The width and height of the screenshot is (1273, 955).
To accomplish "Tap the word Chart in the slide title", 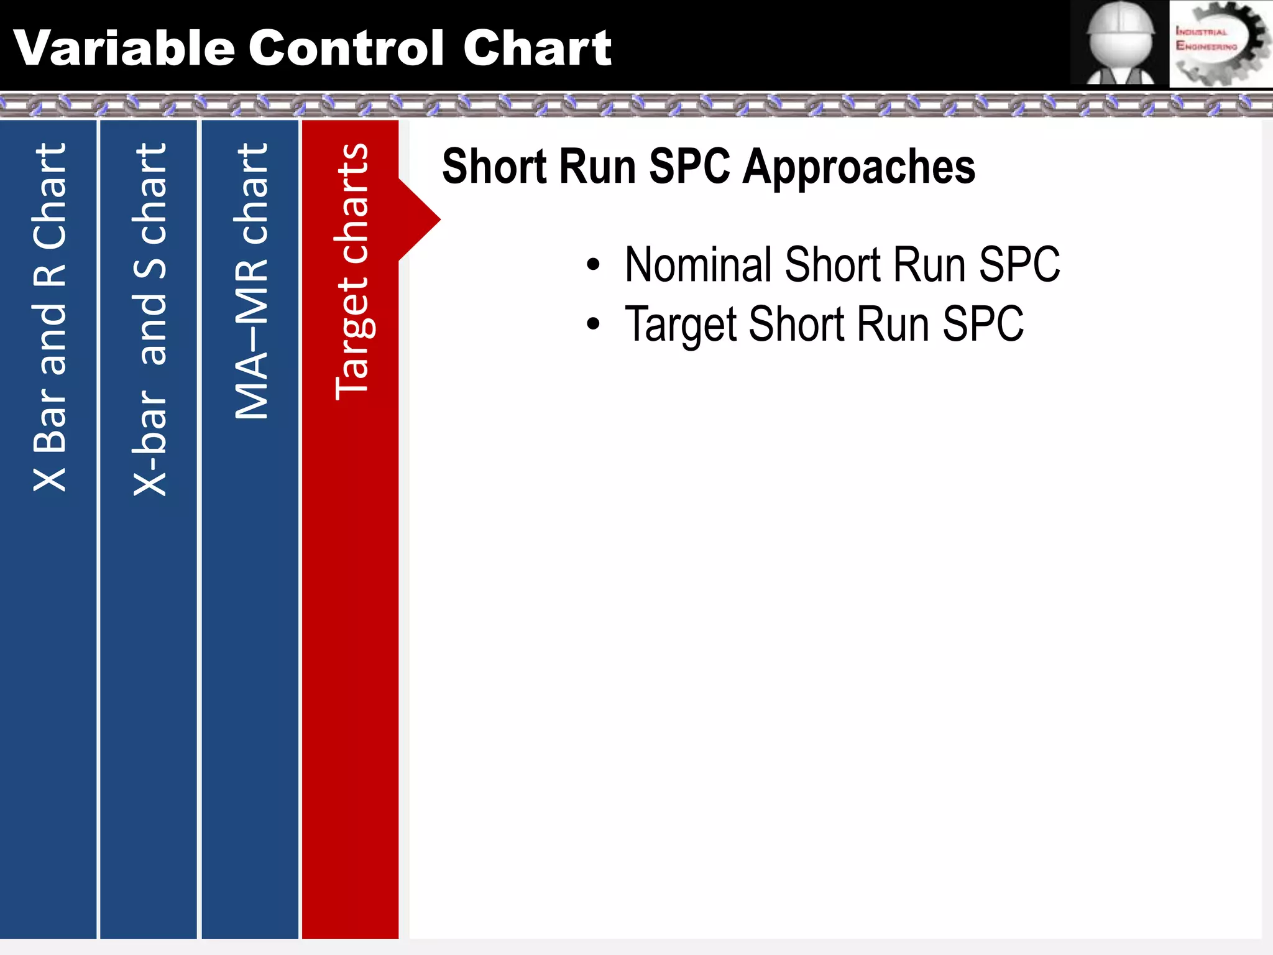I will pyautogui.click(x=537, y=48).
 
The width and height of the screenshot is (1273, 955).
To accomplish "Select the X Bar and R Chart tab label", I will pyautogui.click(x=50, y=317).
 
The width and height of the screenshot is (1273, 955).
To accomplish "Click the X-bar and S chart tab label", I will pyautogui.click(x=150, y=319).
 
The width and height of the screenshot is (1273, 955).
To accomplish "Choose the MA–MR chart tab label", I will pyautogui.click(x=251, y=281).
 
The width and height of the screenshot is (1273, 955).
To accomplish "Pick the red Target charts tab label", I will pyautogui.click(x=352, y=271).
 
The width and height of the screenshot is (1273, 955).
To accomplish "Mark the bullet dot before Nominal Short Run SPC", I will pyautogui.click(x=593, y=265).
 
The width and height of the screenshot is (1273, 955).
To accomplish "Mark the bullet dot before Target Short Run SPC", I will pyautogui.click(x=593, y=324).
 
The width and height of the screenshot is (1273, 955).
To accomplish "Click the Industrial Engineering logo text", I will pyautogui.click(x=1205, y=39).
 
